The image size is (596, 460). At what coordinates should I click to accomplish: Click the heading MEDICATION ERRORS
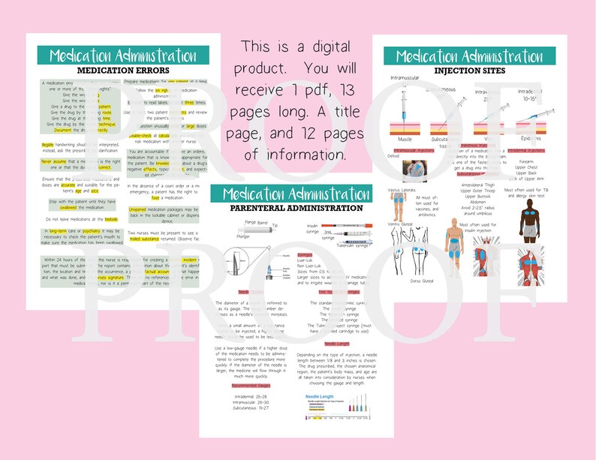coord(124,71)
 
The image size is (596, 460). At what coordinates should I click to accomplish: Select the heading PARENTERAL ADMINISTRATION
coord(296,208)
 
